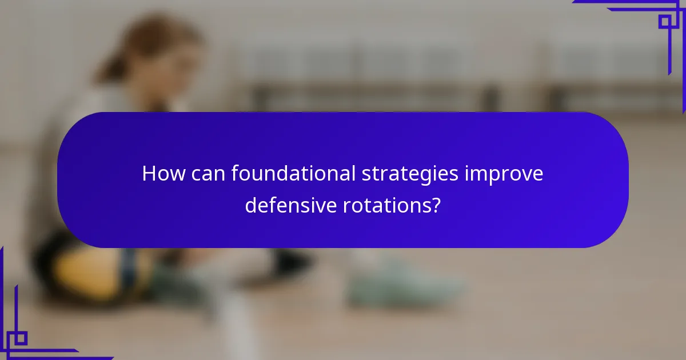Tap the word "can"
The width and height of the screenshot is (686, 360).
pyautogui.click(x=205, y=174)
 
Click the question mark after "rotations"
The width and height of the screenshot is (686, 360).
pyautogui.click(x=436, y=205)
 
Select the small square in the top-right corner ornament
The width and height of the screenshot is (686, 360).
pyautogui.click(x=665, y=22)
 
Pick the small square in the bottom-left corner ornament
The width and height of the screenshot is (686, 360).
pyautogui.click(x=20, y=338)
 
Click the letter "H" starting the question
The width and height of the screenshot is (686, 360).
pyautogui.click(x=149, y=174)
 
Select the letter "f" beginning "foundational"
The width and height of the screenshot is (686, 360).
pyautogui.click(x=235, y=174)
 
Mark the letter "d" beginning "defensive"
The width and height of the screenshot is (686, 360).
pyautogui.click(x=250, y=205)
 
